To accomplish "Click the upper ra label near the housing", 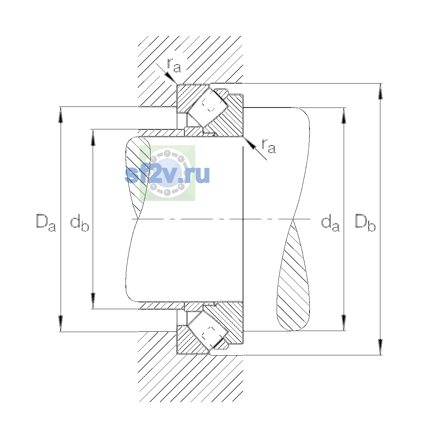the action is (174, 66).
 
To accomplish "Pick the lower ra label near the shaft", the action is (269, 146).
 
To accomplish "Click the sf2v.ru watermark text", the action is (167, 174).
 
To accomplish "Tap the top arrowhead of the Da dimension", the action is (61, 115).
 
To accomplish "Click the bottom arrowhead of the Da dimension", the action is (61, 323).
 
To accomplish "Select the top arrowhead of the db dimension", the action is (93, 137).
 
